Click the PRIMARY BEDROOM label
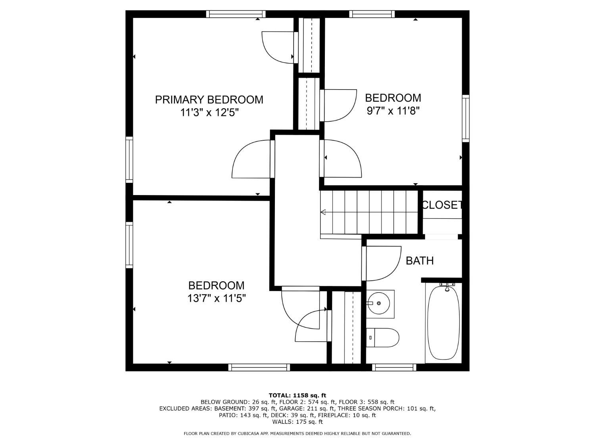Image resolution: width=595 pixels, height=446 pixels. [x=209, y=100]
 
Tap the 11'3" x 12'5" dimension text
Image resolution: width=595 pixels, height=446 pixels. [x=211, y=112]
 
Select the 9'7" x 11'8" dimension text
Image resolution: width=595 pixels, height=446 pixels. [x=393, y=111]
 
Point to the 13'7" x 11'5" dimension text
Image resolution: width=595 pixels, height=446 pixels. [x=217, y=299]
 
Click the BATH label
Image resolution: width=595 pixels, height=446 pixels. [x=420, y=260]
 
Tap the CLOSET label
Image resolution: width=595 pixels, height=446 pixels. [x=442, y=205]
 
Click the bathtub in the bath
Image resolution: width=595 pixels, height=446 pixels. [x=443, y=323]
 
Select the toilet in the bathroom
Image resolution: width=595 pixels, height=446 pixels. [x=382, y=338]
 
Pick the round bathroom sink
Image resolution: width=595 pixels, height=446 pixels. [x=379, y=303]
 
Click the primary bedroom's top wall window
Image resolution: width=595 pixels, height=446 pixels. [x=236, y=14]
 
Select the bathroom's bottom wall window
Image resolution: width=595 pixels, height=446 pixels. [x=394, y=368]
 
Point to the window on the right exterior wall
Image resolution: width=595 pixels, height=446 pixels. [x=466, y=118]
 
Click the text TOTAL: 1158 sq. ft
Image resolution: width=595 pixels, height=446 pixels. [x=297, y=396]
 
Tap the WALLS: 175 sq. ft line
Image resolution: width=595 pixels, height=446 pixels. [x=297, y=422]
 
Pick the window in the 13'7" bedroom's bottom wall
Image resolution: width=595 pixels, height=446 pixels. [x=259, y=368]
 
